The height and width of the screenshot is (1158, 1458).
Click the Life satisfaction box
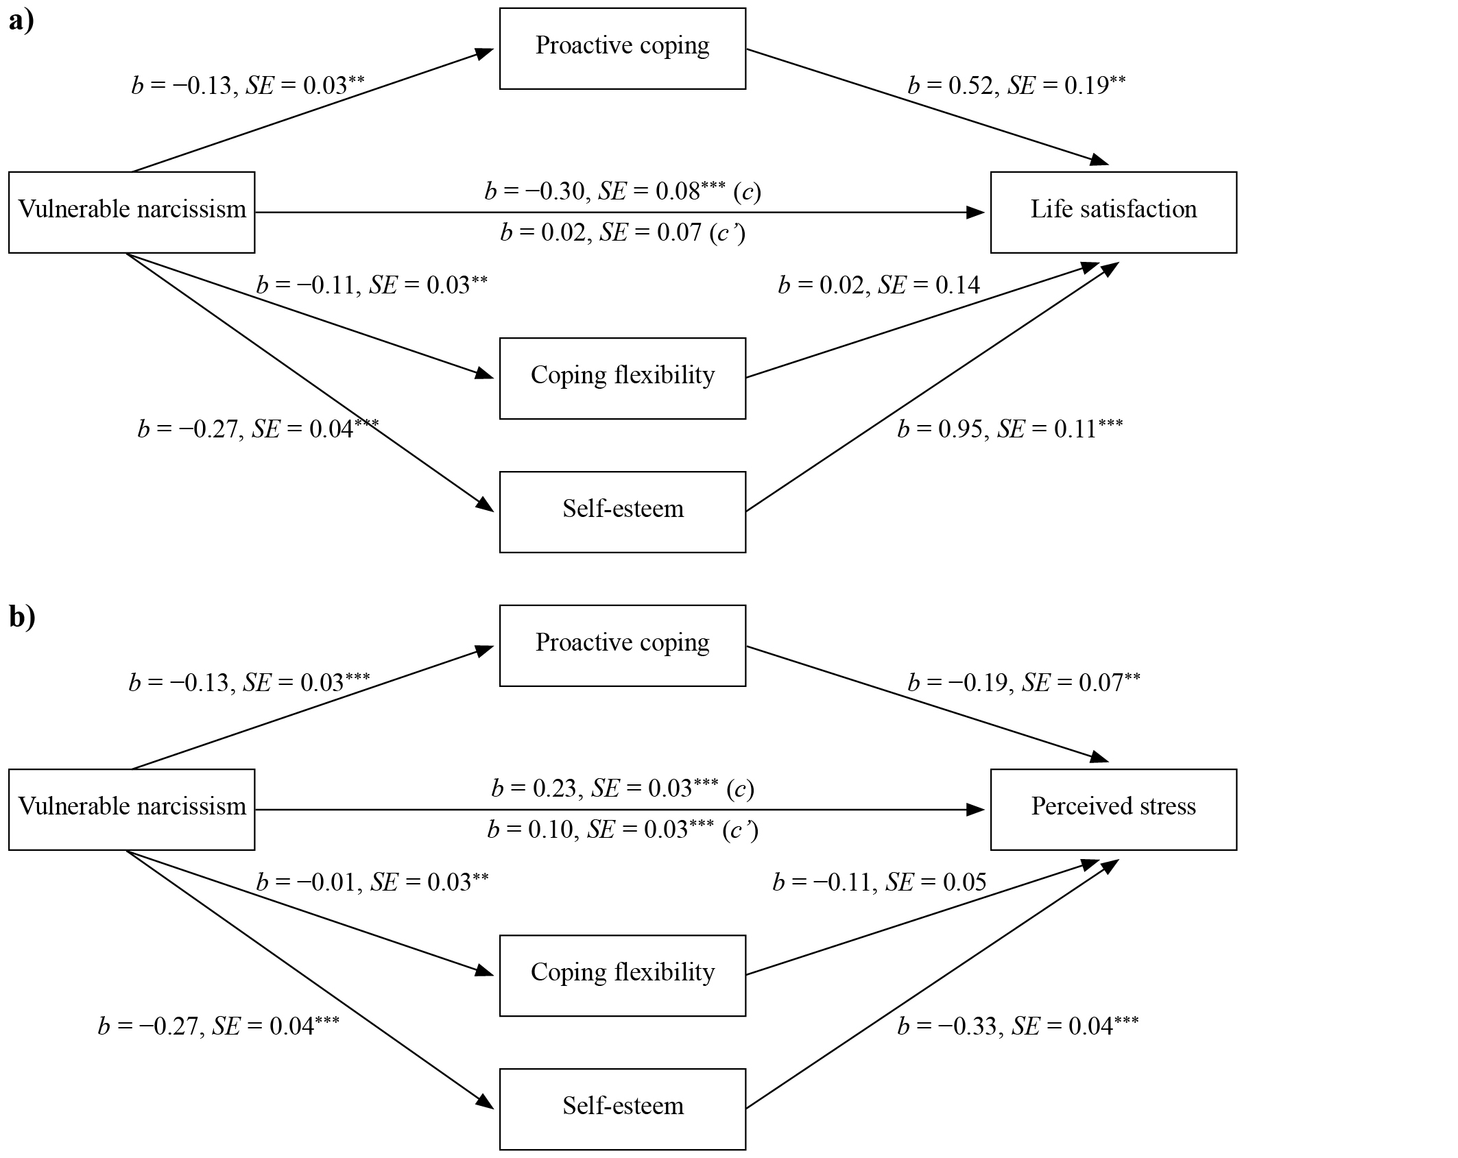pyautogui.click(x=1113, y=213)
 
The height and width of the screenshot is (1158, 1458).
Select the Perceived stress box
pyautogui.click(x=1113, y=810)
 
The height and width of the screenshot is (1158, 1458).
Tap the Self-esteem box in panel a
pyautogui.click(x=623, y=512)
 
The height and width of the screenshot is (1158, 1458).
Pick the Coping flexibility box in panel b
pyautogui.click(x=623, y=976)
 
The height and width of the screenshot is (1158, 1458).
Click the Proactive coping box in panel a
pyautogui.click(x=623, y=49)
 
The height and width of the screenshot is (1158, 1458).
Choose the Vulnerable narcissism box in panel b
pyautogui.click(x=132, y=810)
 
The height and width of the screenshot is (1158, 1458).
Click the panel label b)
pyautogui.click(x=22, y=617)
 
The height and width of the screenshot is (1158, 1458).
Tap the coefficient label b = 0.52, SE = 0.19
pyautogui.click(x=1016, y=85)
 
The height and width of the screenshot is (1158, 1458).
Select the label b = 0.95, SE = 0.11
pyautogui.click(x=1010, y=429)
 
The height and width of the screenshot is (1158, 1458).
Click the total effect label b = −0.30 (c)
pyautogui.click(x=623, y=191)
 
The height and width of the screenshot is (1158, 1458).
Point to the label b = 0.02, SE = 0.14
pyautogui.click(x=879, y=285)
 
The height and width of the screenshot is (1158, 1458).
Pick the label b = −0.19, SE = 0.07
pyautogui.click(x=1024, y=682)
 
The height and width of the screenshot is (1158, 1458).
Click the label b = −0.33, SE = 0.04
pyautogui.click(x=1018, y=1026)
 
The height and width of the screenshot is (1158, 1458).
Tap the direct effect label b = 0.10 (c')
pyautogui.click(x=623, y=830)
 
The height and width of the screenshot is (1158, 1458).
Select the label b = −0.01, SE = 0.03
pyautogui.click(x=372, y=882)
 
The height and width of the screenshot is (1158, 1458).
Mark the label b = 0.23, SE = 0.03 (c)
pyautogui.click(x=623, y=788)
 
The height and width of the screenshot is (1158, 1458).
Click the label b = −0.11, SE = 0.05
pyautogui.click(x=879, y=882)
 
